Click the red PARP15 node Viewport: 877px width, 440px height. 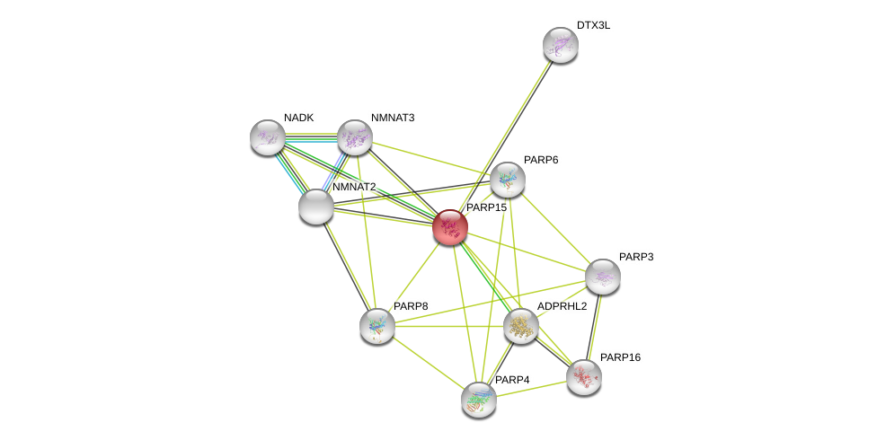pyautogui.click(x=449, y=227)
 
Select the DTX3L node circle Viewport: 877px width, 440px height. pyautogui.click(x=560, y=45)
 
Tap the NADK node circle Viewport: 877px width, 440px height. pyautogui.click(x=267, y=137)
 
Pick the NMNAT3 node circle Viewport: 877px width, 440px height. pyautogui.click(x=355, y=137)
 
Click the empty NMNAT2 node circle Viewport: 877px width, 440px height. pyautogui.click(x=316, y=207)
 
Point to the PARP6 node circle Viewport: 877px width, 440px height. pyautogui.click(x=507, y=180)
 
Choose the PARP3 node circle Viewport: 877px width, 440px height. pyautogui.click(x=602, y=277)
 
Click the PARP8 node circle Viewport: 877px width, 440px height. pyautogui.click(x=376, y=326)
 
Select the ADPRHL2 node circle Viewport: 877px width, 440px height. pyautogui.click(x=520, y=326)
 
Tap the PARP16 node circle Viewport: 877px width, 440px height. pyautogui.click(x=583, y=377)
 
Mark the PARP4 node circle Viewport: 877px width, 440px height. pyautogui.click(x=479, y=400)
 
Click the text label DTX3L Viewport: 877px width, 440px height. pyautogui.click(x=593, y=25)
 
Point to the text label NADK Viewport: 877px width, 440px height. pyautogui.click(x=299, y=118)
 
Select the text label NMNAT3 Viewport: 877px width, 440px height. pyautogui.click(x=393, y=118)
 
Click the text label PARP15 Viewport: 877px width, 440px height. pyautogui.click(x=486, y=207)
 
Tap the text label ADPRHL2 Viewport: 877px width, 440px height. pyautogui.click(x=562, y=306)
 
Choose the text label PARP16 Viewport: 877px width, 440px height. pyautogui.click(x=620, y=357)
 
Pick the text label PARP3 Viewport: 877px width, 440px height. pyautogui.click(x=636, y=257)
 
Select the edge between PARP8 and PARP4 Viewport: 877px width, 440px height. pyautogui.click(x=428, y=363)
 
